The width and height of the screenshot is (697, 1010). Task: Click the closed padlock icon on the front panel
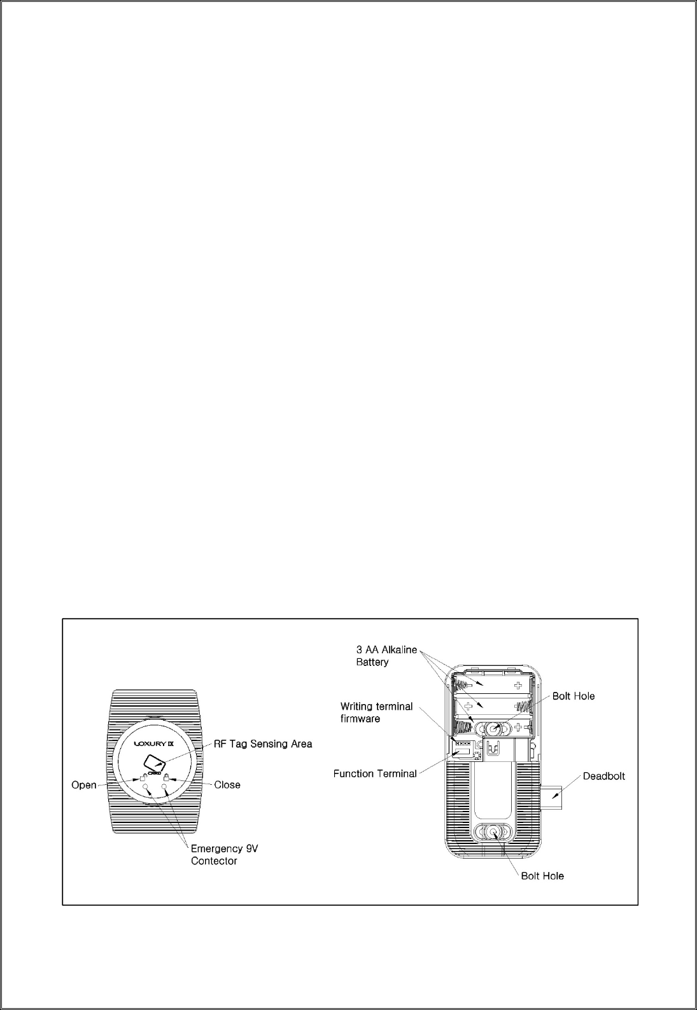[x=165, y=777]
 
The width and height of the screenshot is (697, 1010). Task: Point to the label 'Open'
[x=83, y=785]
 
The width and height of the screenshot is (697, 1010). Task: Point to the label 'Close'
[x=227, y=785]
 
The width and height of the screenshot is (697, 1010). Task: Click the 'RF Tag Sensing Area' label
[x=262, y=744]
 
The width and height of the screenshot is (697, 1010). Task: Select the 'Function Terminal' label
[x=375, y=773]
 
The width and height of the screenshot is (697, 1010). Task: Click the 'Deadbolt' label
[x=604, y=776]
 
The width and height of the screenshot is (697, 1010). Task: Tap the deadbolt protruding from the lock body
[x=551, y=794]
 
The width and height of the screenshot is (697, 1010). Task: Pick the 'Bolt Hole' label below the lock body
[x=542, y=876]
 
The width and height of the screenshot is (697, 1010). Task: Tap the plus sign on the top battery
[x=519, y=686]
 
